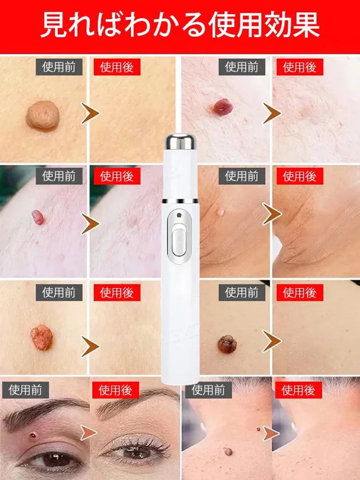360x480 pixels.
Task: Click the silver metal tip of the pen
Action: tap(180, 142)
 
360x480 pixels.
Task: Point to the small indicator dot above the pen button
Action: tap(180, 215)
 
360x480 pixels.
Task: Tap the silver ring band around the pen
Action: tap(180, 201)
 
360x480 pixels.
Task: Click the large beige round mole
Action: tap(43, 115)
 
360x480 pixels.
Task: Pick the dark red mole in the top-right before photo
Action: tap(223, 107)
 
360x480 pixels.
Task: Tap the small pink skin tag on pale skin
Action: tap(38, 217)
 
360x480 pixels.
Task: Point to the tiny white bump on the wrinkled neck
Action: tap(220, 212)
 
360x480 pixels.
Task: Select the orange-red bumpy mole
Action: tap(42, 337)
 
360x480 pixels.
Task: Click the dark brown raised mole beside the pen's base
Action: tap(227, 344)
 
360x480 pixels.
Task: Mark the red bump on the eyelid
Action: tap(33, 435)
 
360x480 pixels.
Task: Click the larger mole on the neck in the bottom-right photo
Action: tap(228, 452)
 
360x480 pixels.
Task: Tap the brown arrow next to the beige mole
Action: tap(90, 113)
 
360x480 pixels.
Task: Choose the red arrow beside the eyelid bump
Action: tap(88, 433)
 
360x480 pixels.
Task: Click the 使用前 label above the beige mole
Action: tap(59, 67)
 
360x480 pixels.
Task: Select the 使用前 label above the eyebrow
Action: tap(25, 390)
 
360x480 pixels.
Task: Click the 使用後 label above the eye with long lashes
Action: tap(115, 390)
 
